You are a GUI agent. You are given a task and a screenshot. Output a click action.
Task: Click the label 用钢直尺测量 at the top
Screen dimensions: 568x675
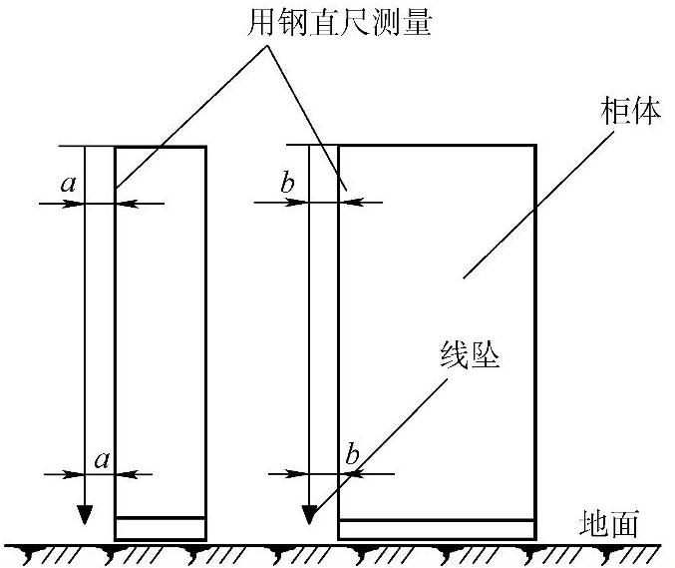[339, 22]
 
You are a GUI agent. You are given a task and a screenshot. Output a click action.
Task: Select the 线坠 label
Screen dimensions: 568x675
[468, 354]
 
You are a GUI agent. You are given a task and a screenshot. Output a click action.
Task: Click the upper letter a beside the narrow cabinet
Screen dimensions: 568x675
[68, 184]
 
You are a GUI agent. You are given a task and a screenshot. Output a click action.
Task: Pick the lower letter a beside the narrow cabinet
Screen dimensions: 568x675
[101, 458]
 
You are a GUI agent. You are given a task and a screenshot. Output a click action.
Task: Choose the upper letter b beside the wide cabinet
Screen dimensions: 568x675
[287, 184]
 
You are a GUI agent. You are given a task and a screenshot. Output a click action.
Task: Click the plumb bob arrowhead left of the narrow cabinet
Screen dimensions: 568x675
[85, 513]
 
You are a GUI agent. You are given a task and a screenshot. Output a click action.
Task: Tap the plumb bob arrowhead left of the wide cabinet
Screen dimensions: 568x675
[310, 513]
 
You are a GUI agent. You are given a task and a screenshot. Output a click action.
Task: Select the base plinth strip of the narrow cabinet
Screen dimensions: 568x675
[161, 528]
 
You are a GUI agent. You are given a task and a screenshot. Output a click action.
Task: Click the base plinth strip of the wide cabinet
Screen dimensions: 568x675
[437, 529]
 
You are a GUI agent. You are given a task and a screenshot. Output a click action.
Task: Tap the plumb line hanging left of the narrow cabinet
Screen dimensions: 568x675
[85, 329]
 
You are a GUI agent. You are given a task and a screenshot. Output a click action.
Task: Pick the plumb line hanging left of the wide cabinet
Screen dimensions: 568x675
[310, 329]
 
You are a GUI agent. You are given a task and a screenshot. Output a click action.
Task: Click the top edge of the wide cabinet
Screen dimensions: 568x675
[437, 146]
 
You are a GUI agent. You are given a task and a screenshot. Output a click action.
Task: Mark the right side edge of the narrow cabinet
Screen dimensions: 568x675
[206, 329]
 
